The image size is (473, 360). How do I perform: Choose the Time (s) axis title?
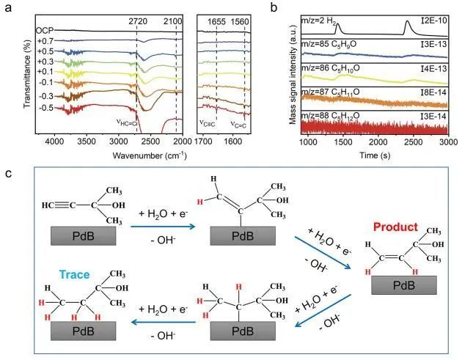[376, 155]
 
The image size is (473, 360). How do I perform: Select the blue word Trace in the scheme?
[76, 275]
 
